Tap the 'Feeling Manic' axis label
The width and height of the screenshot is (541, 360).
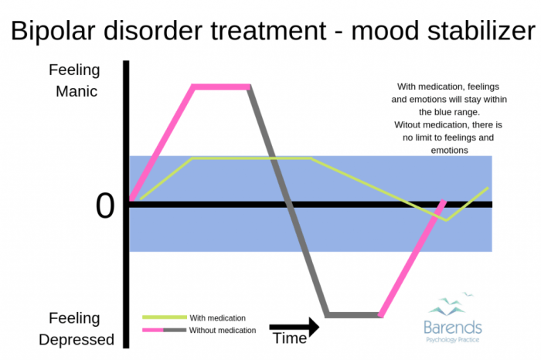pyautogui.click(x=74, y=80)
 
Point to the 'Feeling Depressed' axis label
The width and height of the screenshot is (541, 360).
pyautogui.click(x=74, y=328)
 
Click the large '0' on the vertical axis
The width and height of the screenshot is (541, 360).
pyautogui.click(x=105, y=206)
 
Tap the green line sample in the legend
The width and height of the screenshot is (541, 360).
pyautogui.click(x=165, y=318)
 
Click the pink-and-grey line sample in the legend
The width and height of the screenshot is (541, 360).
pyautogui.click(x=165, y=331)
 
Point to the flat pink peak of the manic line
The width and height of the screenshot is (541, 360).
pyautogui.click(x=221, y=87)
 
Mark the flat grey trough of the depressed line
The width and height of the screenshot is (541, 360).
pyautogui.click(x=354, y=314)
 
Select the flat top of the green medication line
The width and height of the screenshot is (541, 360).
pyautogui.click(x=251, y=158)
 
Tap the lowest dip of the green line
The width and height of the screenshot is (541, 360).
pyautogui.click(x=446, y=219)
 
